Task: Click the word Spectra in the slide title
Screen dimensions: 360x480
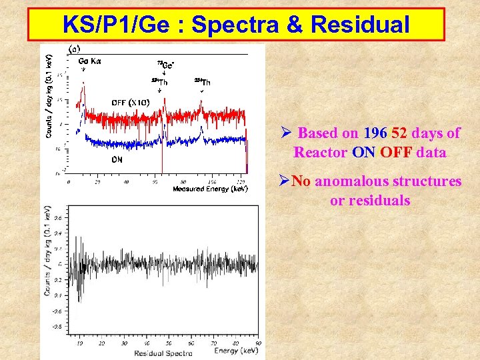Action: (x=239, y=25)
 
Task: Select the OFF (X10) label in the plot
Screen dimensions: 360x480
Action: (x=129, y=102)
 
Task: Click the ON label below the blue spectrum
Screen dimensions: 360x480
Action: (x=117, y=160)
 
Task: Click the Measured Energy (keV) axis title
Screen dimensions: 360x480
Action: (x=210, y=189)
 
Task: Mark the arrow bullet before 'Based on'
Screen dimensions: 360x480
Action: (x=286, y=133)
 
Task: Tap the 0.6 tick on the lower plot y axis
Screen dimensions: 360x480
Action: (x=57, y=217)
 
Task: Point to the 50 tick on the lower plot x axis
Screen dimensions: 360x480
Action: (x=171, y=343)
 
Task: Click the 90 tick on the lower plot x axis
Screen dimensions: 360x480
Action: (x=257, y=343)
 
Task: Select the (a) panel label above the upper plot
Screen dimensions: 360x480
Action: (x=75, y=48)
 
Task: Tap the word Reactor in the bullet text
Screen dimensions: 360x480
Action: (x=320, y=152)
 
